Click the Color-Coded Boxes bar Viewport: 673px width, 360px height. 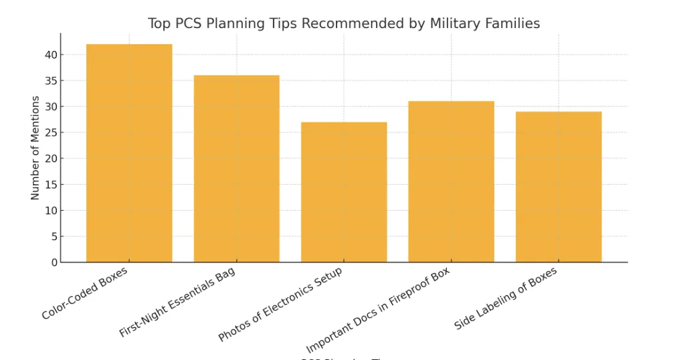click(129, 153)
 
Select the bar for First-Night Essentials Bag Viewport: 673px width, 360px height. click(237, 169)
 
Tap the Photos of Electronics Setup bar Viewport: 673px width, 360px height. click(344, 192)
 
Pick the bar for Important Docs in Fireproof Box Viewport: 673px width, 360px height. click(451, 181)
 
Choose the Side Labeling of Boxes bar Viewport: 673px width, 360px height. click(559, 187)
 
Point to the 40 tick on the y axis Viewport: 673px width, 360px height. click(51, 55)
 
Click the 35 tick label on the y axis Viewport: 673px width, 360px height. click(51, 81)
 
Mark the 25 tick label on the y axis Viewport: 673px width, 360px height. click(51, 132)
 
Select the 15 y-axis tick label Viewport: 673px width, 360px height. click(51, 185)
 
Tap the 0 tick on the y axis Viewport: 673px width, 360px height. click(54, 263)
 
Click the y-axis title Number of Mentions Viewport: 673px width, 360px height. click(35, 148)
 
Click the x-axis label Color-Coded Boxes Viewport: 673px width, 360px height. click(85, 294)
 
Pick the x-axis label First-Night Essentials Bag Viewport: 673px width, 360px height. click(177, 302)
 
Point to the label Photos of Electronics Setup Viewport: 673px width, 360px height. click(280, 304)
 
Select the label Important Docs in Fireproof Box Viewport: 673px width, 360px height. click(378, 311)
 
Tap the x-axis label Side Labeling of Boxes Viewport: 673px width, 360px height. click(506, 298)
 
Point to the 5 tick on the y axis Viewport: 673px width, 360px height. click(54, 237)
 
